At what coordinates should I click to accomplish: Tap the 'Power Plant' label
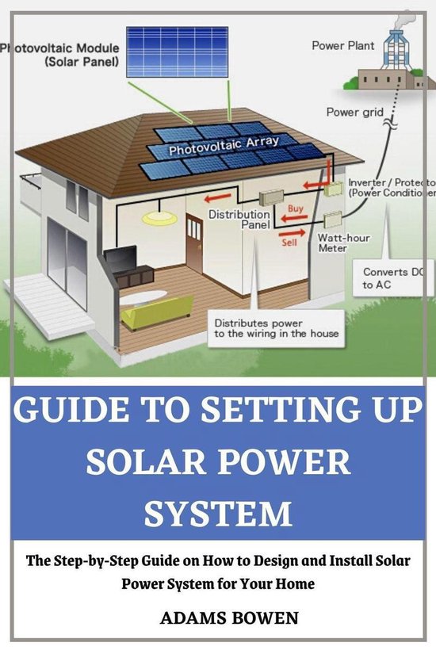coord(343,46)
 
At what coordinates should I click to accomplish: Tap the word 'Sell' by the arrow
coord(290,242)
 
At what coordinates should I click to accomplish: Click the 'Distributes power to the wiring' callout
coord(275,328)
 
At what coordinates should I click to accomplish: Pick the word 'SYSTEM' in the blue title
coord(217,513)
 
